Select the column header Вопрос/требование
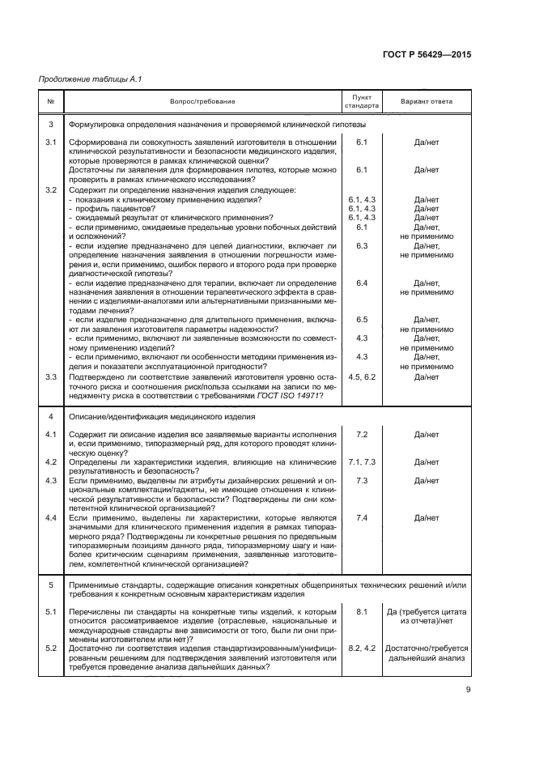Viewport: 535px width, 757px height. (x=202, y=101)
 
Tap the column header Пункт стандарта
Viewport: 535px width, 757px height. (x=362, y=101)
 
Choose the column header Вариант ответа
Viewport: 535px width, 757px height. (x=427, y=101)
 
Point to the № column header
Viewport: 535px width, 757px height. (x=51, y=101)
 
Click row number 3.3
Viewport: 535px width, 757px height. (x=51, y=377)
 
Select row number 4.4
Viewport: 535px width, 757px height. (x=51, y=517)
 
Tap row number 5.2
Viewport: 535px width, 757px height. (x=51, y=649)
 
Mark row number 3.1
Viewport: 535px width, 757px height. (x=51, y=142)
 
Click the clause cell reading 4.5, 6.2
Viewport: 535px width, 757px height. (x=362, y=377)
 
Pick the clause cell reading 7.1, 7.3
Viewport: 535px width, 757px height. (x=362, y=461)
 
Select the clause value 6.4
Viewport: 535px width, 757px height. (x=362, y=283)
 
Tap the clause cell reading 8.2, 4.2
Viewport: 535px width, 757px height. (x=362, y=649)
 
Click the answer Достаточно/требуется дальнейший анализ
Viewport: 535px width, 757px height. (x=427, y=653)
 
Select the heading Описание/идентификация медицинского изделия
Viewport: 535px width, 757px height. (x=161, y=416)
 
